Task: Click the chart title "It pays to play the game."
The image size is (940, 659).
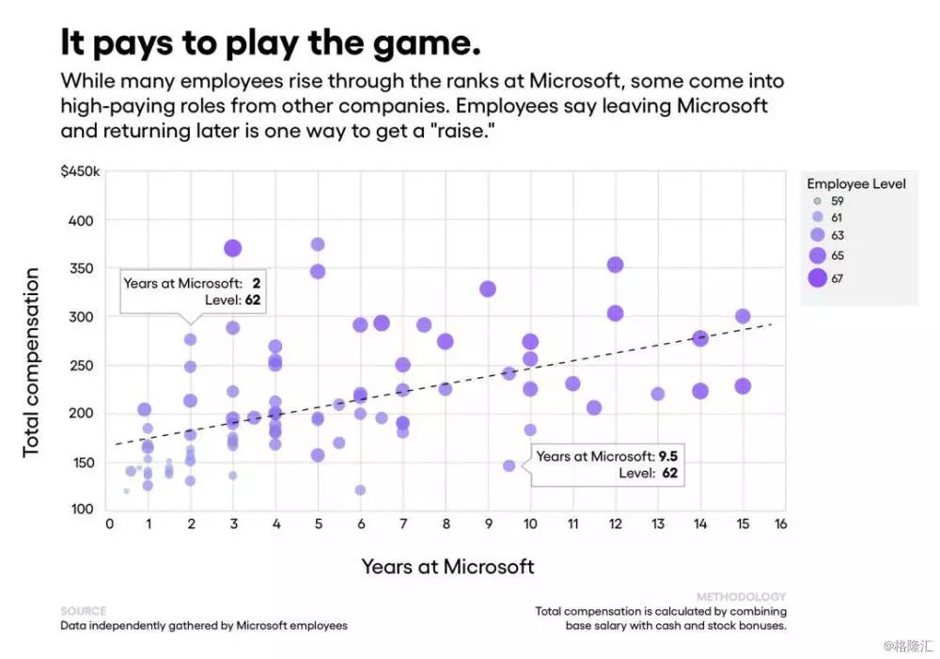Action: click(271, 43)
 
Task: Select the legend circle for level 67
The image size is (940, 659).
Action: click(817, 277)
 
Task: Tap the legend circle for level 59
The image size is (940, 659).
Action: click(817, 201)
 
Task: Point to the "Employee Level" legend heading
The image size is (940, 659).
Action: click(856, 183)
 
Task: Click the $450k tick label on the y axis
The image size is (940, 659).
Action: click(81, 171)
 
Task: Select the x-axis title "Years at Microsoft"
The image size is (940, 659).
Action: click(447, 566)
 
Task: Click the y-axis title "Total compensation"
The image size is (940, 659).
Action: click(32, 362)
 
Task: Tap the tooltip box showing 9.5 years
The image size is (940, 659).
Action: click(605, 464)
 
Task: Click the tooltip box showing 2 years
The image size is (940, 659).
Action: click(193, 291)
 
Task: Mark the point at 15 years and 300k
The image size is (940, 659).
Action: click(743, 317)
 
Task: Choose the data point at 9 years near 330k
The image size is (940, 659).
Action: click(488, 289)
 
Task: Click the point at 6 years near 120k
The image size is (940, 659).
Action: click(360, 490)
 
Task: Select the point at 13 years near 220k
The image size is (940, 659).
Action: click(658, 394)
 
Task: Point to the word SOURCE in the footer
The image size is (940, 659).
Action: click(84, 611)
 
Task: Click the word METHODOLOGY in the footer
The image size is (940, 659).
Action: click(741, 597)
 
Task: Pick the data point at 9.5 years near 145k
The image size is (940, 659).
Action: click(509, 465)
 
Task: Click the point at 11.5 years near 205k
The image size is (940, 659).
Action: click(594, 408)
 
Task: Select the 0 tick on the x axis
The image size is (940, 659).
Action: click(109, 524)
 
